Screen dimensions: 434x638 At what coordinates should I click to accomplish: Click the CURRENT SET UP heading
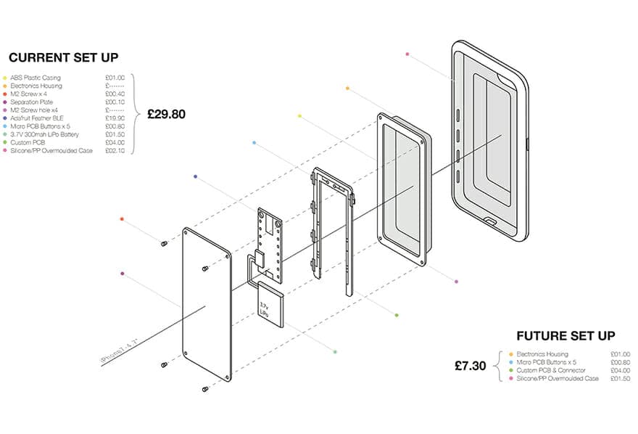pos(63,57)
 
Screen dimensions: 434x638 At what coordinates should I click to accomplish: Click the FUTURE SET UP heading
pos(565,336)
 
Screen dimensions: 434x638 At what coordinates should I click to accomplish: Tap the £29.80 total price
pos(167,114)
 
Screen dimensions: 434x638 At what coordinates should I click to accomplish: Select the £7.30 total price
pos(471,366)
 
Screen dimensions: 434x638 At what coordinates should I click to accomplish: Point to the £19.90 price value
pos(115,118)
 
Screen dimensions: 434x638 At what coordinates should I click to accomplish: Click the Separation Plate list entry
pos(33,102)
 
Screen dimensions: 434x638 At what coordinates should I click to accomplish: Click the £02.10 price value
pos(115,151)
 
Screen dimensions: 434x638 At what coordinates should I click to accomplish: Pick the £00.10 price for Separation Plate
pos(115,102)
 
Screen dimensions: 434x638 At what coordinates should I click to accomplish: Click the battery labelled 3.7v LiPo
pos(269,303)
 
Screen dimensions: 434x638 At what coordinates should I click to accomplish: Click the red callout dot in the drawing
pos(122,218)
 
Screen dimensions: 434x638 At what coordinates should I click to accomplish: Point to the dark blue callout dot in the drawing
pos(195,176)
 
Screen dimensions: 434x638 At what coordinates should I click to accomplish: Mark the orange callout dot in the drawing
pos(348,89)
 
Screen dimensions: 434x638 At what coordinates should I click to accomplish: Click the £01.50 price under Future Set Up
pos(620,378)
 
